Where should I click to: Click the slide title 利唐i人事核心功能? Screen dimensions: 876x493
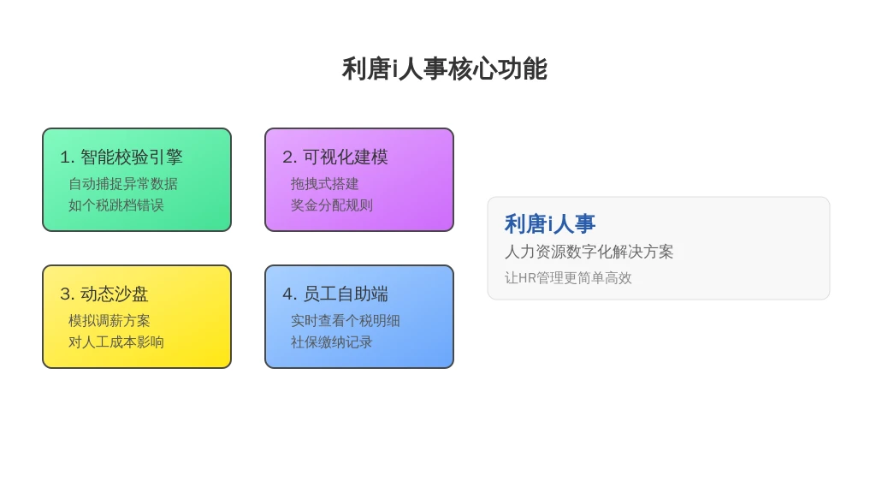tap(445, 68)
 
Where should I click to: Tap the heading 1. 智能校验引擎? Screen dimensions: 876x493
tap(121, 157)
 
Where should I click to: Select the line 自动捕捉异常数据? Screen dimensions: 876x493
tap(123, 184)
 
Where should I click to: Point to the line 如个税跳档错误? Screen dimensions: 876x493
tap(116, 205)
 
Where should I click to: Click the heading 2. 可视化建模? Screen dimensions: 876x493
tap(335, 157)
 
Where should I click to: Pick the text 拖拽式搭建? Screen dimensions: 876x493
tap(324, 184)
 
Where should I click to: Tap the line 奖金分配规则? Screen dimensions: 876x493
tap(331, 205)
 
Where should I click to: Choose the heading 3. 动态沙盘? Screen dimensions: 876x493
tap(104, 294)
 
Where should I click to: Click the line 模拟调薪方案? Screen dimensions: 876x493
tap(109, 321)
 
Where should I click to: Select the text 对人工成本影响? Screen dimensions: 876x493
tap(116, 342)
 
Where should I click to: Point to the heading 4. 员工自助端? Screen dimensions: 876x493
tap(335, 294)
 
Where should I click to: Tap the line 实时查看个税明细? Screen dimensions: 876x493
tap(346, 321)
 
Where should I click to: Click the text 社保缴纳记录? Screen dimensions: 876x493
tap(331, 342)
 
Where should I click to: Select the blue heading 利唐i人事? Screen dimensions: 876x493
tap(550, 224)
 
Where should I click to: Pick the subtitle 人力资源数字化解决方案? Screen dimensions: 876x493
tap(589, 252)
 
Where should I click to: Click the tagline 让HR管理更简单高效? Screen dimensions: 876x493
tap(568, 278)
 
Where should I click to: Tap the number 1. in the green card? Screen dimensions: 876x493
tap(67, 157)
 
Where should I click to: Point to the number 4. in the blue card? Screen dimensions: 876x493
tap(289, 294)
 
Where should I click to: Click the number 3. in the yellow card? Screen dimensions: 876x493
tap(67, 294)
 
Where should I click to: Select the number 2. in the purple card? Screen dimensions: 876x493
tap(289, 157)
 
